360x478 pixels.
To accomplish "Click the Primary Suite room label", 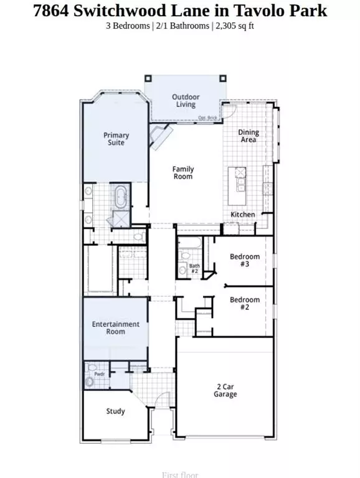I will coord(116,139).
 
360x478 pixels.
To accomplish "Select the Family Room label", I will coord(183,172).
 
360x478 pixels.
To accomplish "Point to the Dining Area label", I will coord(249,136).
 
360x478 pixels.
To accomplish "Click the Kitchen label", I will coord(242,214).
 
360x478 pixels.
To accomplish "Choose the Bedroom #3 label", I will coord(245,260).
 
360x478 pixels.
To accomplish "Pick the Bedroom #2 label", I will coord(245,304).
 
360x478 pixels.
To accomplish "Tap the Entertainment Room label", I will coord(116,328).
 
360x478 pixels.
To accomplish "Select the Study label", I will coord(115,411).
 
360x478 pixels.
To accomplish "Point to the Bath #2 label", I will coord(194,268).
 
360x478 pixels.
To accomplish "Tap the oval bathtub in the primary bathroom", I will coord(120,197).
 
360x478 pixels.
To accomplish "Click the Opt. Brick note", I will coord(207,118).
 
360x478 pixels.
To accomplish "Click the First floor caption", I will coord(179,475).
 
